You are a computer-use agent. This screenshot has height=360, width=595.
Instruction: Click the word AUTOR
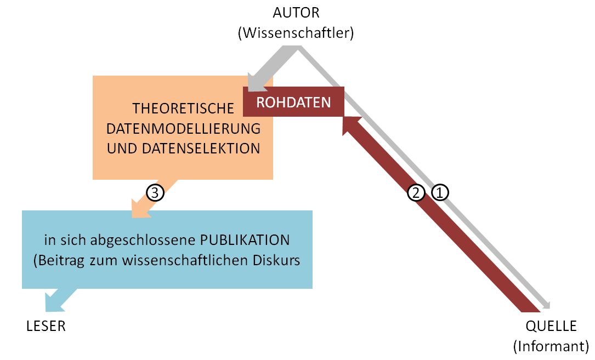coord(296,12)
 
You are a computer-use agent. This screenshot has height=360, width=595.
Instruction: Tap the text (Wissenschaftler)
coord(296,33)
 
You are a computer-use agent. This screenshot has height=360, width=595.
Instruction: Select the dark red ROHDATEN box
coord(293,102)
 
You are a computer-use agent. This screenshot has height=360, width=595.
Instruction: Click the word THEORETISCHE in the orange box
coord(184,108)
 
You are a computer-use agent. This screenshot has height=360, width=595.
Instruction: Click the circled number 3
coord(155,192)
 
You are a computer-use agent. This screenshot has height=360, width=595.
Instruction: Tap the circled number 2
coord(416,192)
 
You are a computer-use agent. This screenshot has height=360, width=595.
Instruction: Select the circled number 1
coord(440,192)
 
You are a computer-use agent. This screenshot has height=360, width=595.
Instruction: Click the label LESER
coord(46,327)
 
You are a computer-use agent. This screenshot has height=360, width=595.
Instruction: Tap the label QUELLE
coord(551,327)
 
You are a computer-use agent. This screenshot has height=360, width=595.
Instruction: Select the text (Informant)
coord(551,346)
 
